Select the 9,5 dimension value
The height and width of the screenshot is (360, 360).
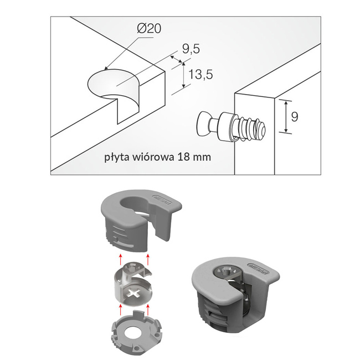coord(190,50)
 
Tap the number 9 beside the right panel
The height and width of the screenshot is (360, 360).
coord(295,116)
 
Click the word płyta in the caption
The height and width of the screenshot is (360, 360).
coord(117,157)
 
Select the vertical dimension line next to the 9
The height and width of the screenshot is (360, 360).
coord(285,117)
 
